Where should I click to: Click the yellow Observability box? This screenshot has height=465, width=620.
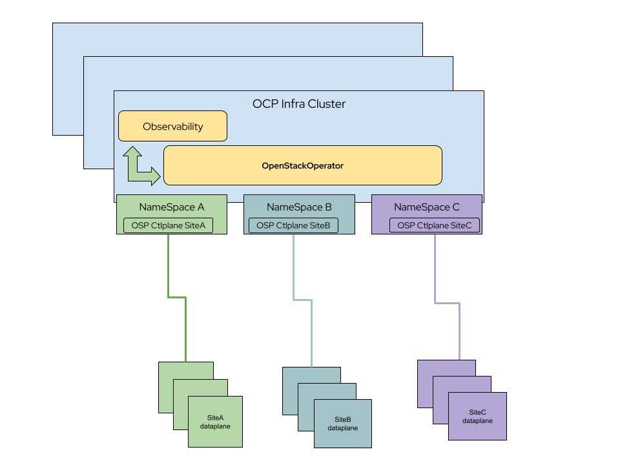pyautogui.click(x=172, y=126)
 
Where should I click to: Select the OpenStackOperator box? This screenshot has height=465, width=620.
pyautogui.click(x=302, y=165)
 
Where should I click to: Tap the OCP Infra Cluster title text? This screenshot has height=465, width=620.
pyautogui.click(x=298, y=103)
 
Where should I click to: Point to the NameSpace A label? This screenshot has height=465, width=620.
pyautogui.click(x=171, y=207)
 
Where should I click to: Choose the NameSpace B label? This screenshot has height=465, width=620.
pyautogui.click(x=299, y=207)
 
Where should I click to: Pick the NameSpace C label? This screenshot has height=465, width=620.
pyautogui.click(x=427, y=207)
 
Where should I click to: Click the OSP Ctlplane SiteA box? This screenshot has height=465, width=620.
pyautogui.click(x=168, y=225)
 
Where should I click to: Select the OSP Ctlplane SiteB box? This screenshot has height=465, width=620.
pyautogui.click(x=293, y=225)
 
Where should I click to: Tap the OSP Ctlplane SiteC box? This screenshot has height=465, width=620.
pyautogui.click(x=435, y=225)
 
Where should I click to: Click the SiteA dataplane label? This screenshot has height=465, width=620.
pyautogui.click(x=215, y=422)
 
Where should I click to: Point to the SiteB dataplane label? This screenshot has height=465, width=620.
pyautogui.click(x=342, y=424)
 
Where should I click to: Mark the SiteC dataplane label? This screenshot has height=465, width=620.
pyautogui.click(x=477, y=416)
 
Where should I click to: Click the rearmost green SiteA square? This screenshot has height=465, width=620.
pyautogui.click(x=166, y=371)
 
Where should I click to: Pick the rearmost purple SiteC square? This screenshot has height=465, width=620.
pyautogui.click(x=425, y=368)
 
